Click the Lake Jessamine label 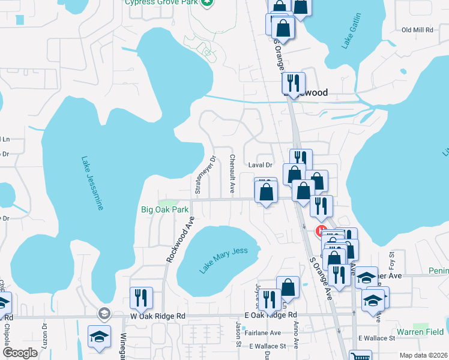92,183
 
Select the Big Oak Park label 164,210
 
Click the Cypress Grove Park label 161,2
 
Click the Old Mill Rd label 417,29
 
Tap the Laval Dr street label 261,164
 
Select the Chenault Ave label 232,173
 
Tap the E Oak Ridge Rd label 270,315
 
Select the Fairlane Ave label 267,333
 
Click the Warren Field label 420,332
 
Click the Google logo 20,353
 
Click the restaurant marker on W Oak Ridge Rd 141,296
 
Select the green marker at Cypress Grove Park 207,3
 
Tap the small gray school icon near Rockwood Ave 104,313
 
